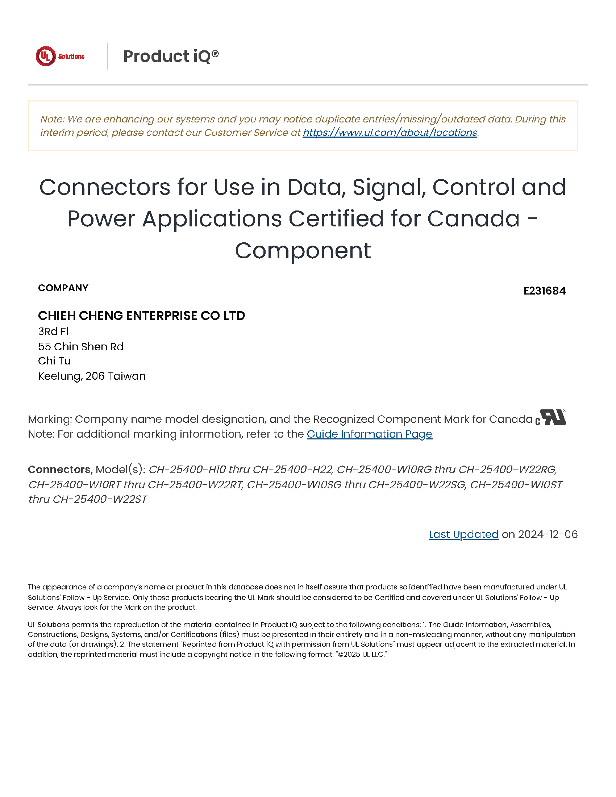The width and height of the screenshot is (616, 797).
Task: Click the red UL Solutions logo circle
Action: click(x=46, y=56)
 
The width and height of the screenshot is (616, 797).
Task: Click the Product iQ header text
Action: click(x=171, y=56)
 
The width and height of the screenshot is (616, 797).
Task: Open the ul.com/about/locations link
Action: click(x=390, y=133)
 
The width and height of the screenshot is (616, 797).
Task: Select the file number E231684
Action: click(x=544, y=291)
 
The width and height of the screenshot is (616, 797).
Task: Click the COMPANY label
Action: click(x=63, y=288)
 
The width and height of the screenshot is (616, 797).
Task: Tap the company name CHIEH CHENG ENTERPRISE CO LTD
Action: click(x=142, y=316)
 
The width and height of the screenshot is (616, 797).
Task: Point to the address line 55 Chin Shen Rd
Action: click(x=81, y=346)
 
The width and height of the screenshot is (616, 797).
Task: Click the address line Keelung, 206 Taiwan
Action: click(x=92, y=376)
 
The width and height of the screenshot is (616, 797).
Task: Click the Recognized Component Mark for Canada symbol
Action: click(x=551, y=417)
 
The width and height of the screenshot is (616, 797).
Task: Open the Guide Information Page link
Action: click(x=369, y=434)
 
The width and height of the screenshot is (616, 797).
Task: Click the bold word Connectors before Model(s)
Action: click(x=60, y=469)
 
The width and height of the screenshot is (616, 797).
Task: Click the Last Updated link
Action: click(x=463, y=534)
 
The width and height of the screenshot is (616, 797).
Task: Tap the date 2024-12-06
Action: click(x=548, y=534)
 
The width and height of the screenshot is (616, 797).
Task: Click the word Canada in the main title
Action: click(x=473, y=219)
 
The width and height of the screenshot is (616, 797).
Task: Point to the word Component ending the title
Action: click(x=303, y=251)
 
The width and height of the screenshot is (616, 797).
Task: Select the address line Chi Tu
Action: click(x=54, y=361)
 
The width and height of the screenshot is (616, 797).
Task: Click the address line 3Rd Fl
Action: click(x=53, y=331)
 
